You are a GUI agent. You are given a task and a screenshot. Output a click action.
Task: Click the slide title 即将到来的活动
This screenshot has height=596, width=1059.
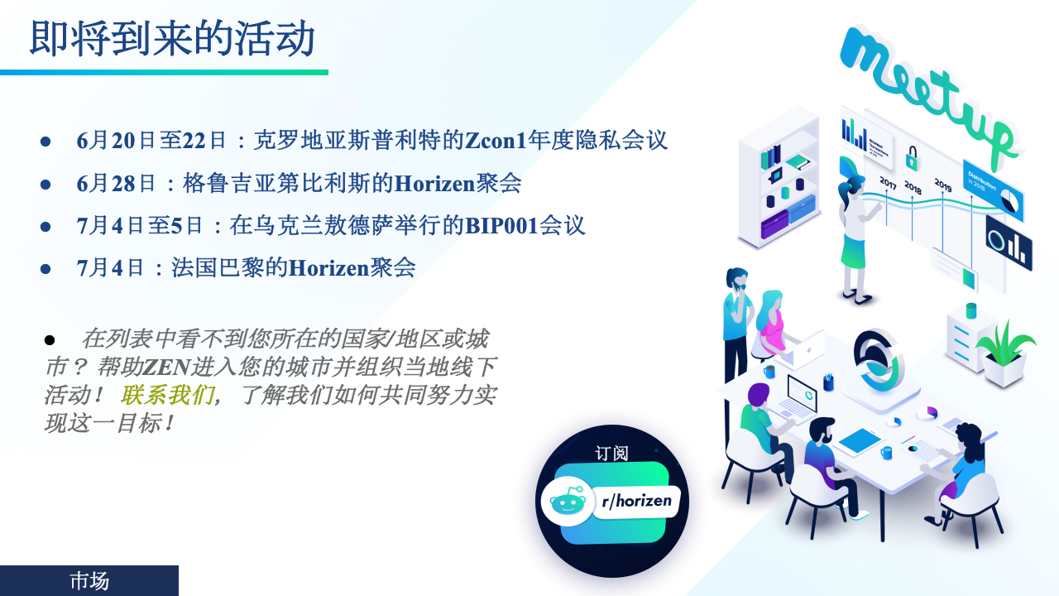coord(172,39)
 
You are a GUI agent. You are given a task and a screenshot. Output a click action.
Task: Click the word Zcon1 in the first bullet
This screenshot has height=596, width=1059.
coord(496,141)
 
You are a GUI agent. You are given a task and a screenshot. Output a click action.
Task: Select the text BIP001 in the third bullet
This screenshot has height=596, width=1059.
coord(501,226)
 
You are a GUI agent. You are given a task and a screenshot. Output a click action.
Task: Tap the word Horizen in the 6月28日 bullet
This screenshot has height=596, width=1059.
coord(434,184)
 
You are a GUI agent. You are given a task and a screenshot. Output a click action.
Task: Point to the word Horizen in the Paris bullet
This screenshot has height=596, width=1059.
coord(328,268)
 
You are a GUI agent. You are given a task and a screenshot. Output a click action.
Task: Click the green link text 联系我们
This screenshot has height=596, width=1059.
coord(167,395)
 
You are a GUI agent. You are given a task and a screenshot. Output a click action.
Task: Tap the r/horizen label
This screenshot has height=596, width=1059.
coord(636,501)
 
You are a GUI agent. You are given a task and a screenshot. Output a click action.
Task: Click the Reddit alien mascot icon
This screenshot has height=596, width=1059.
coord(568,502)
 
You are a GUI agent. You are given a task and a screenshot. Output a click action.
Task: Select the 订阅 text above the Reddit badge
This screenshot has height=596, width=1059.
coord(611,453)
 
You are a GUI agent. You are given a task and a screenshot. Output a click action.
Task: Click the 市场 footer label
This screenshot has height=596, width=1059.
coord(89,581)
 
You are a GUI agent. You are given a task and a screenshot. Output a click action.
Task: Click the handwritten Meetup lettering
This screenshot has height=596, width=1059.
coord(926,92)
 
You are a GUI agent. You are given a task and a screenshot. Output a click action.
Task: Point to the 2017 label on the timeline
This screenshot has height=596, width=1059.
coord(888,183)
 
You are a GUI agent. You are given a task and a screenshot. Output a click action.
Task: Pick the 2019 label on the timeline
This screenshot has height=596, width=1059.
coord(942,185)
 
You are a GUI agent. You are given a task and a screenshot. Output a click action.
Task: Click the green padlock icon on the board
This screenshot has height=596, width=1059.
coord(912,158)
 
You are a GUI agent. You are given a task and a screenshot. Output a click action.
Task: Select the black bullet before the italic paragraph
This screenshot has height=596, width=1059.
coord(50,339)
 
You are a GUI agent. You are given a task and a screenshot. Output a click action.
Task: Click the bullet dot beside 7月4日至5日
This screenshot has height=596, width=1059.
coord(46,227)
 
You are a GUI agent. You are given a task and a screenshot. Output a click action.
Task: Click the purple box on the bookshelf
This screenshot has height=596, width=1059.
coord(774,224)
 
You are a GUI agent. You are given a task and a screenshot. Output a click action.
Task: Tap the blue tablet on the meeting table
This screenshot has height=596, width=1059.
coord(859,441)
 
